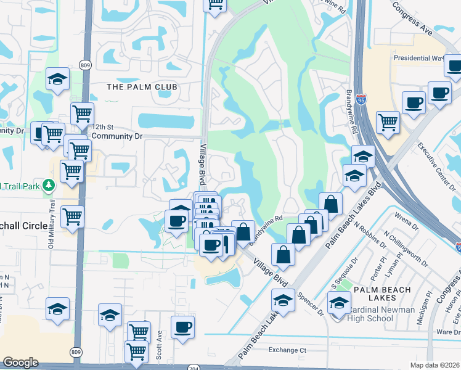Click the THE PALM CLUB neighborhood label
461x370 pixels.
click(142, 87)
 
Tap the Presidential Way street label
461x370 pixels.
click(418, 59)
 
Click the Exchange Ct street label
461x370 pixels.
click(287, 350)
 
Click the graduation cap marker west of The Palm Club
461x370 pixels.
click(57, 80)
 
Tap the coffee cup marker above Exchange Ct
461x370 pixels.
click(182, 327)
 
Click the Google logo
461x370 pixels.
click(20, 363)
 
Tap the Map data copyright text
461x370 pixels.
click(434, 365)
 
